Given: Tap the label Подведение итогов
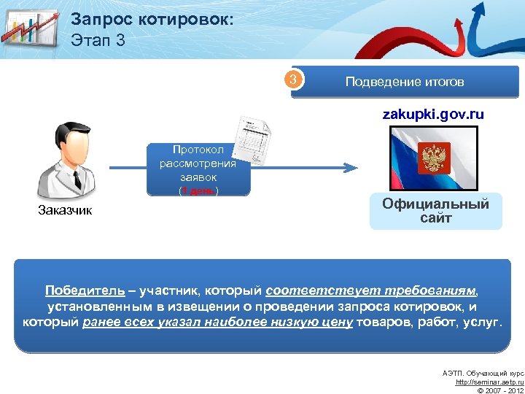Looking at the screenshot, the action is point(405,82).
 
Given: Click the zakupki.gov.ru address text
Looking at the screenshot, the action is point(434,115).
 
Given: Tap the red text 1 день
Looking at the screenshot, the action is point(198,191).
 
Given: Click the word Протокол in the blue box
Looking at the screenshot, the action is point(198,149).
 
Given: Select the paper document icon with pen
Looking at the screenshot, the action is point(255,140).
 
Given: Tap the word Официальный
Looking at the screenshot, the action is point(435,204).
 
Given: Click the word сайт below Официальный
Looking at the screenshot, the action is point(435,217).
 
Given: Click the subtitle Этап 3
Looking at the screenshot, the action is point(98,40).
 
